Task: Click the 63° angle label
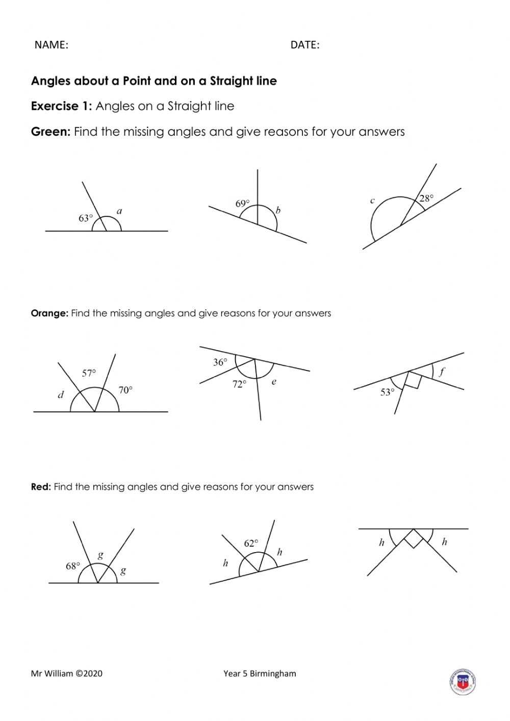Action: pyautogui.click(x=86, y=218)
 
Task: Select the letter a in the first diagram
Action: pyautogui.click(x=119, y=211)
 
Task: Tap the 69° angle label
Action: pyautogui.click(x=243, y=204)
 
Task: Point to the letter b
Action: pyautogui.click(x=278, y=210)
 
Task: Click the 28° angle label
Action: pyautogui.click(x=426, y=198)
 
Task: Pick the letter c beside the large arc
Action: pyautogui.click(x=372, y=201)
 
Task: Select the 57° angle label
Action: pyautogui.click(x=89, y=373)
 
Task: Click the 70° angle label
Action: pyautogui.click(x=125, y=390)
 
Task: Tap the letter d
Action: pyautogui.click(x=61, y=394)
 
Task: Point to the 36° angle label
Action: pyautogui.click(x=220, y=362)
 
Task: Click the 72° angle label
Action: pyautogui.click(x=239, y=384)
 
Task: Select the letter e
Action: pyautogui.click(x=274, y=381)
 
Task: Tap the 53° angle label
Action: pyautogui.click(x=387, y=392)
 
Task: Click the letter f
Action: pyautogui.click(x=442, y=371)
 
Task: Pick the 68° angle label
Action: pyautogui.click(x=73, y=566)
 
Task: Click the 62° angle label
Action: pyautogui.click(x=251, y=543)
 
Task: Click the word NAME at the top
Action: pyautogui.click(x=50, y=45)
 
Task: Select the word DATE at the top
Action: pyautogui.click(x=304, y=45)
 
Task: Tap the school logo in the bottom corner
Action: pyautogui.click(x=463, y=681)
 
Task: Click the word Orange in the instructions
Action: pyautogui.click(x=49, y=313)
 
